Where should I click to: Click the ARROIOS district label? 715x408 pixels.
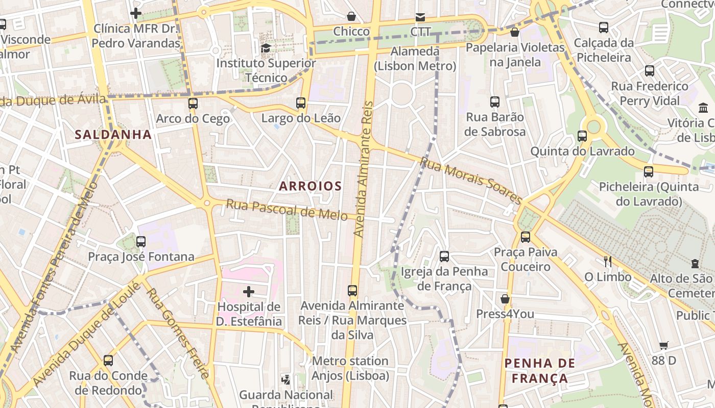[310, 186]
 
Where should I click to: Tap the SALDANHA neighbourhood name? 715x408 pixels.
[113, 135]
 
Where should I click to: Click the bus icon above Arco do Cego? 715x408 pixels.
[193, 104]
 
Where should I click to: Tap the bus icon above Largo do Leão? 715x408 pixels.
[301, 103]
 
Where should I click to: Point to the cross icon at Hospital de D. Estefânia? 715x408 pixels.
[249, 292]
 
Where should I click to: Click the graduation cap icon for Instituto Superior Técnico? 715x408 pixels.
[266, 48]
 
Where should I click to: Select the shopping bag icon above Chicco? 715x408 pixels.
[351, 16]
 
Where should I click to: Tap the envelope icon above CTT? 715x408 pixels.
[420, 17]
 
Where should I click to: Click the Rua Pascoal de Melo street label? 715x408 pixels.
[287, 209]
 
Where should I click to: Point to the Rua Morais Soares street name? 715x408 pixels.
[471, 181]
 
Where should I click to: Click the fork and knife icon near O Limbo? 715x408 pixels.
[608, 262]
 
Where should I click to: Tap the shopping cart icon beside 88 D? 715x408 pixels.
[664, 346]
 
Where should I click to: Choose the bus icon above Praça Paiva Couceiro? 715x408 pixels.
[526, 237]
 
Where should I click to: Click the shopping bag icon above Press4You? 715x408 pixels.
[505, 299]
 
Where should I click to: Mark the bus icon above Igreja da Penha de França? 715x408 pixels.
[444, 257]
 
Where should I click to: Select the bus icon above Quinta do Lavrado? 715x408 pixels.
[582, 136]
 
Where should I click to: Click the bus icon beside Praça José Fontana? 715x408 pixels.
[141, 242]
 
